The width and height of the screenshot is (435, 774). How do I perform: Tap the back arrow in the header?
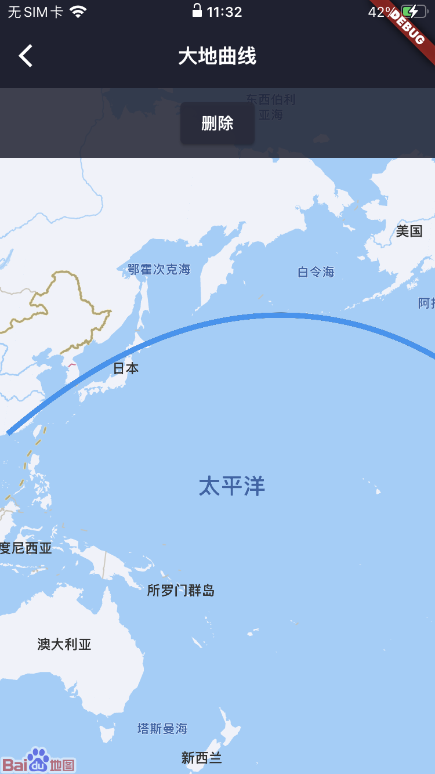tap(26, 56)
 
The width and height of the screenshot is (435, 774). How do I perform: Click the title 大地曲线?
tap(217, 56)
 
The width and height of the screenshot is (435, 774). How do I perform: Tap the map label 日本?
tap(126, 368)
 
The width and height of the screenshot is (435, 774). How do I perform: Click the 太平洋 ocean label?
tap(232, 486)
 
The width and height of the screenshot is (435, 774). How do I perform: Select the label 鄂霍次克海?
tap(159, 269)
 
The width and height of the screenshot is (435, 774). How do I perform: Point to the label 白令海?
tap(316, 272)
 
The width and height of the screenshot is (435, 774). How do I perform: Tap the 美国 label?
tap(409, 232)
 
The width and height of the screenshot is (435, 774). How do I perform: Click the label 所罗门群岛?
tap(181, 591)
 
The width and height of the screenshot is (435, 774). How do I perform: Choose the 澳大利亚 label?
tap(64, 644)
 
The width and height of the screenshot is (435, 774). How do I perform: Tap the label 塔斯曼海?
tap(162, 728)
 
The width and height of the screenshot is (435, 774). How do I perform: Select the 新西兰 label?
tap(202, 758)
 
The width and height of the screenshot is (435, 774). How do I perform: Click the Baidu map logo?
tap(39, 761)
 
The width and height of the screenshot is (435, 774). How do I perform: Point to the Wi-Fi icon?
tap(78, 12)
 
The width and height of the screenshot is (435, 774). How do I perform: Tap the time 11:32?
tap(224, 12)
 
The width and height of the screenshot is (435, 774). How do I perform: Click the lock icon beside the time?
tap(197, 10)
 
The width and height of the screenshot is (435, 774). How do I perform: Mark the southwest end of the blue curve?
tap(9, 432)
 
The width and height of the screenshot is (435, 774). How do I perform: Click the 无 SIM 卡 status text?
tap(35, 12)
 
